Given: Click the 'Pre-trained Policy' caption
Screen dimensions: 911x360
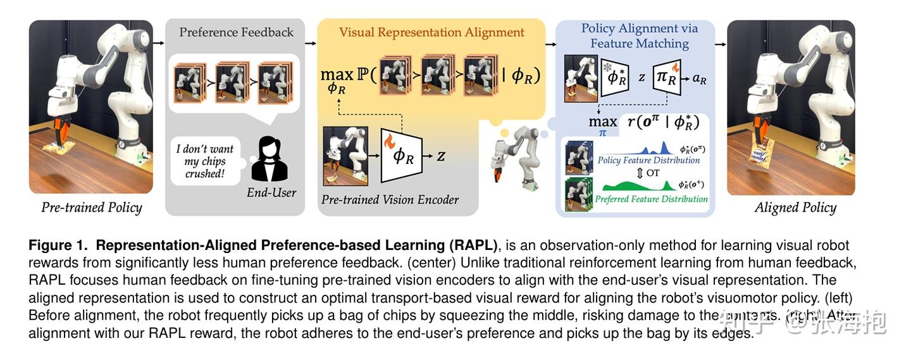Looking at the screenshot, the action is point(92,208).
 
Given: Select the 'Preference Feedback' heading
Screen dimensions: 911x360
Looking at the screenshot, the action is point(236,32).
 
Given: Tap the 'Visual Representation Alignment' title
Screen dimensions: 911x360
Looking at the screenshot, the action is point(431,32).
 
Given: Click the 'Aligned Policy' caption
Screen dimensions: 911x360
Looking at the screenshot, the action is point(795,208).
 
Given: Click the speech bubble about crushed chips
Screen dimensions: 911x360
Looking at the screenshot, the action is point(205,161).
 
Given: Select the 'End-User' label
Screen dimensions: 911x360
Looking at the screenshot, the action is point(271,192).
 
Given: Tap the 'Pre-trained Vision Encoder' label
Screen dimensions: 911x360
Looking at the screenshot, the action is point(390,200).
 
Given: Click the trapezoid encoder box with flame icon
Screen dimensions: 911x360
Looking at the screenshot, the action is point(400,154).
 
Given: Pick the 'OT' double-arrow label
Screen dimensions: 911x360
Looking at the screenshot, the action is point(647,172).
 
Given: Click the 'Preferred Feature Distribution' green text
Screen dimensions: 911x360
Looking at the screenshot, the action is point(651,199).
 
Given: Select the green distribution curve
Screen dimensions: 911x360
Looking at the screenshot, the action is point(636,185).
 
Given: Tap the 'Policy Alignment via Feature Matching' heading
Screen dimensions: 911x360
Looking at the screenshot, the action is point(640,35).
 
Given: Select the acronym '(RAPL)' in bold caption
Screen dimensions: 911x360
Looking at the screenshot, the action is point(475,245).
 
